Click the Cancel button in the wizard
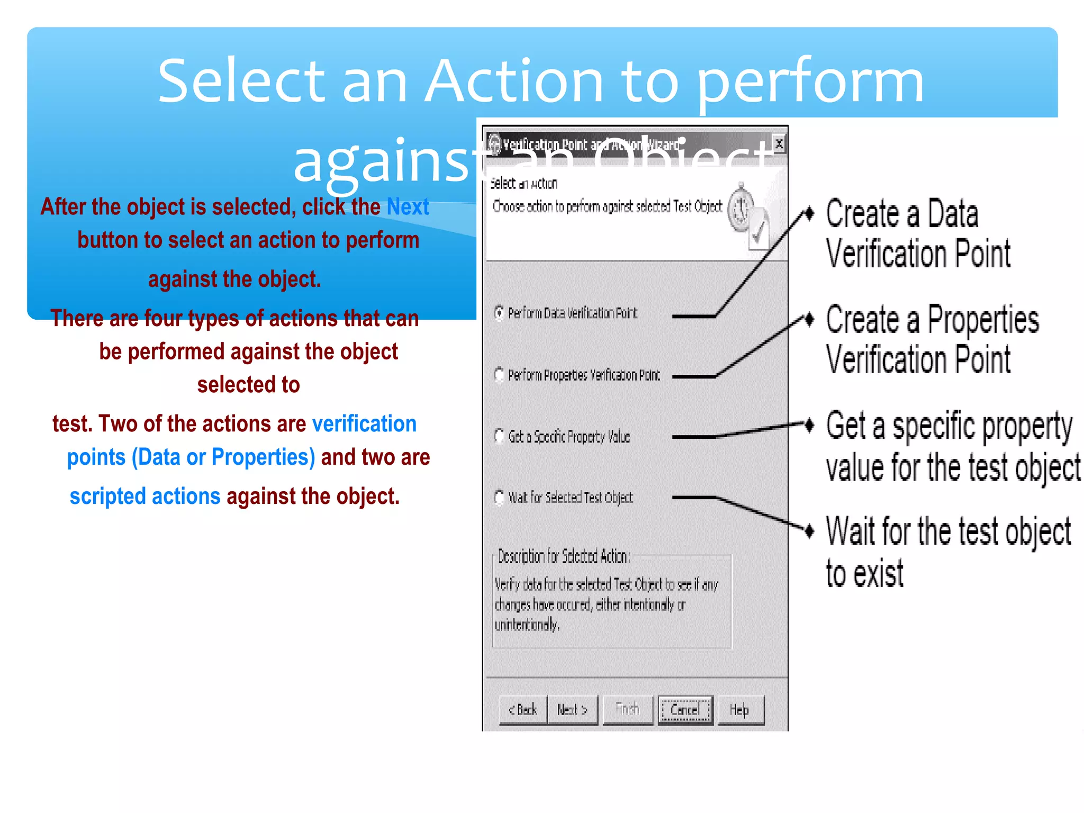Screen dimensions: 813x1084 [685, 710]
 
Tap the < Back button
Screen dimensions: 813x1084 [523, 710]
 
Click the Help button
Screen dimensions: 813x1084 [740, 710]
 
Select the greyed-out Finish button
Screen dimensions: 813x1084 [628, 710]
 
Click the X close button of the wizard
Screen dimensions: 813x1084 [779, 143]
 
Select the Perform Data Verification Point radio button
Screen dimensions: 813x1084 [499, 313]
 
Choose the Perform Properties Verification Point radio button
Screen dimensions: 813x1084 [499, 375]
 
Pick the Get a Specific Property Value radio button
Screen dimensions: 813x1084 [499, 436]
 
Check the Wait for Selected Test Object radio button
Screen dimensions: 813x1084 [499, 498]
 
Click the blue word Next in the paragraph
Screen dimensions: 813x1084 [408, 207]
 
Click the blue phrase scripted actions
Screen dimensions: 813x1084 [145, 496]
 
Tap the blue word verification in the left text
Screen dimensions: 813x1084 [364, 424]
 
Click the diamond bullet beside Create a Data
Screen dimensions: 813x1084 [809, 213]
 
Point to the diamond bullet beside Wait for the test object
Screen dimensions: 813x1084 [809, 530]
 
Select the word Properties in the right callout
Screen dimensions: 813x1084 [983, 320]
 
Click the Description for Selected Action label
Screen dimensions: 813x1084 [563, 557]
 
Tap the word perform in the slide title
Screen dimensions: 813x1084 [810, 82]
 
